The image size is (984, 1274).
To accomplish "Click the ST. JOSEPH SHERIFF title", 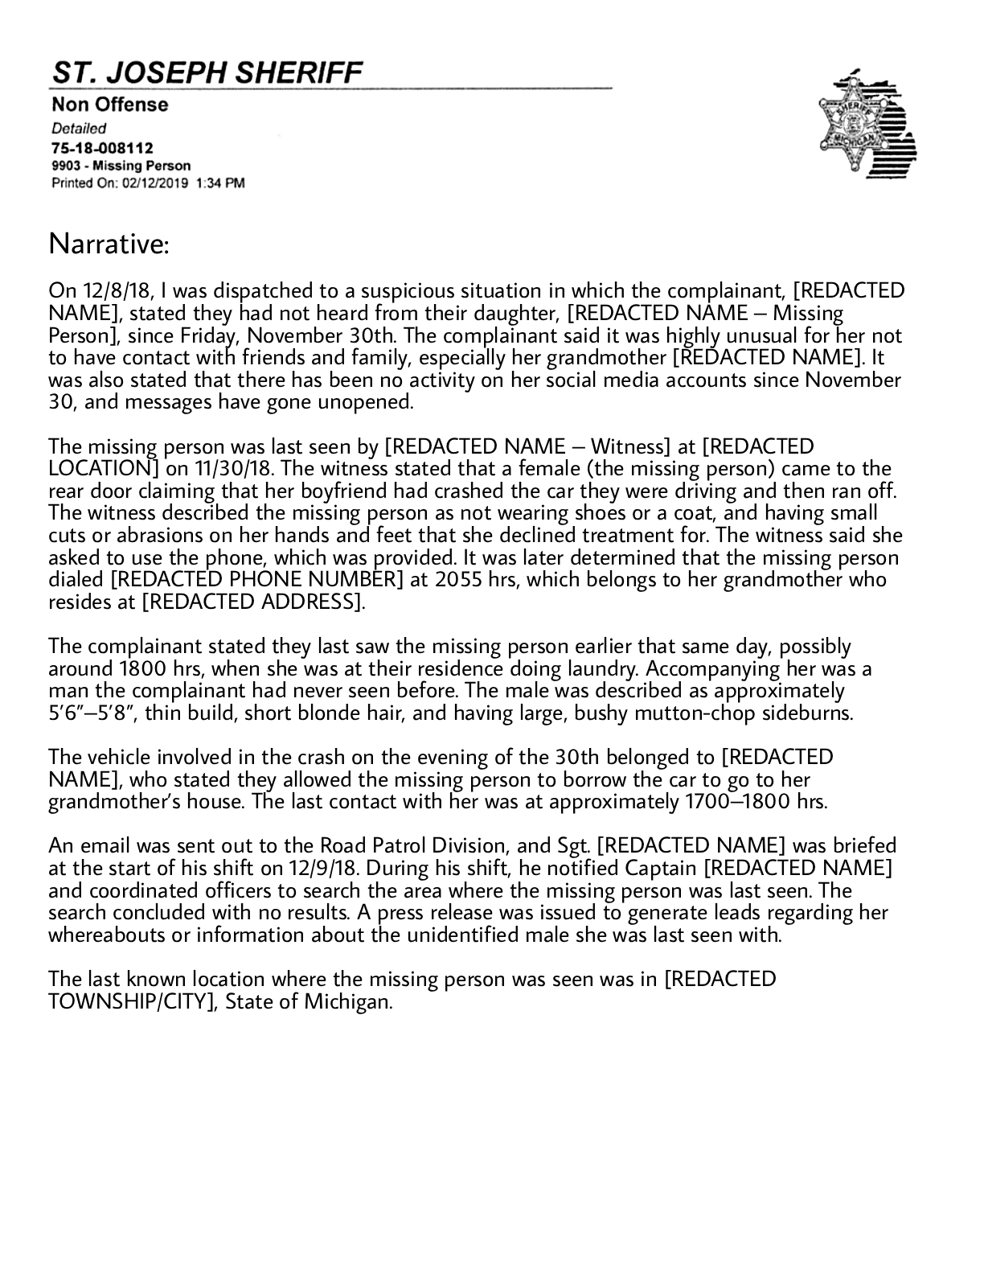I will [207, 73].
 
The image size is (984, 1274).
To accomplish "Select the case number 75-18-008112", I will [102, 148].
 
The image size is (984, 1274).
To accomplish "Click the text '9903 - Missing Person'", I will [121, 166].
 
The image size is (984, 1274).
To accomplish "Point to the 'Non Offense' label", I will [110, 105].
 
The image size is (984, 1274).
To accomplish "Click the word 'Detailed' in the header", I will [79, 128].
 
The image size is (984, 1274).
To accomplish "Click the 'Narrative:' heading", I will [109, 244].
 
